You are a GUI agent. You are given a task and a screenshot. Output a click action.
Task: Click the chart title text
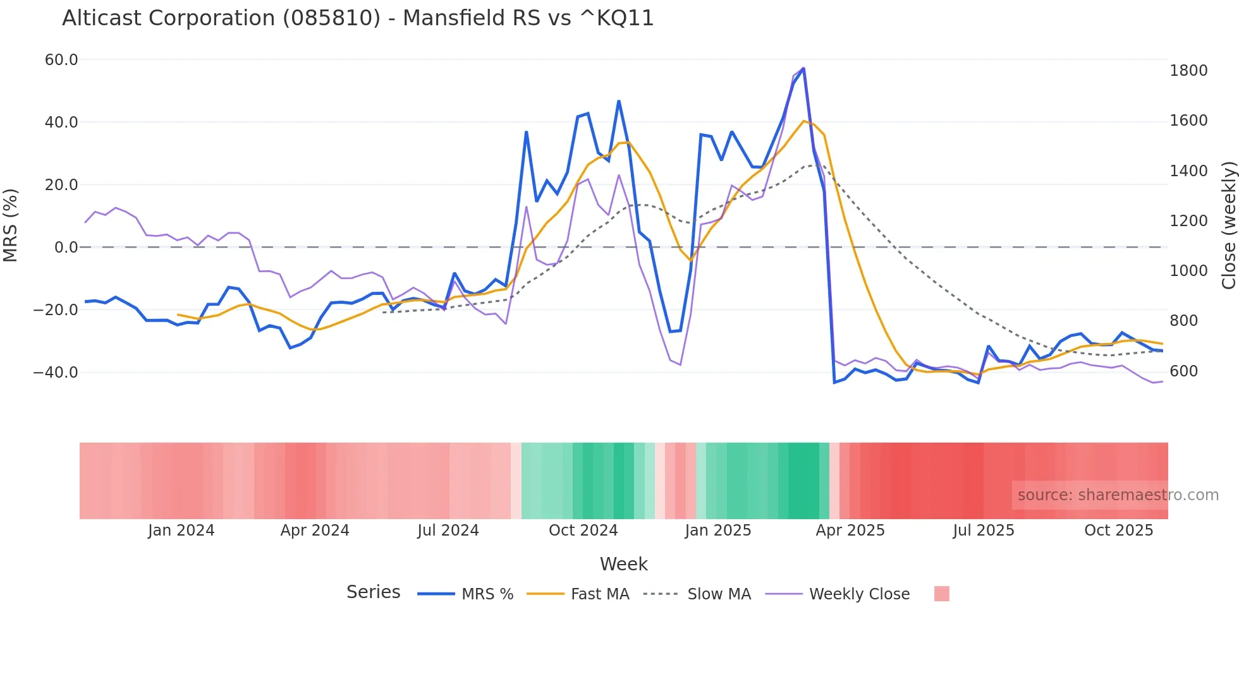coord(358,18)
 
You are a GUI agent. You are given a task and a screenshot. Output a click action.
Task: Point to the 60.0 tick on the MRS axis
coord(61,60)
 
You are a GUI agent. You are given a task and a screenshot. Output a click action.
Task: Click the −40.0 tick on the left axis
coord(56,373)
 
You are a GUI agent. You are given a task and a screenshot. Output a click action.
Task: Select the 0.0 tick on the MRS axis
coord(66,248)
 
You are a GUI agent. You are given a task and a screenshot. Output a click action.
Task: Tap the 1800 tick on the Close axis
coord(1188,71)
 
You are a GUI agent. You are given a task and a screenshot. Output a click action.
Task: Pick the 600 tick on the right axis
coord(1184,371)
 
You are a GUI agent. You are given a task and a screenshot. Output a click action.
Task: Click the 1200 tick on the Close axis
coord(1188,221)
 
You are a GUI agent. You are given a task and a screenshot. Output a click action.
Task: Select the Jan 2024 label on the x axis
coord(181,531)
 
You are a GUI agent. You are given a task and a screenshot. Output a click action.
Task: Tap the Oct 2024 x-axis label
coord(583,531)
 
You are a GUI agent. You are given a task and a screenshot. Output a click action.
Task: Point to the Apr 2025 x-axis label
coord(850,531)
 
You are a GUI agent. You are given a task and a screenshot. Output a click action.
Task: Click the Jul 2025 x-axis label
coord(984,531)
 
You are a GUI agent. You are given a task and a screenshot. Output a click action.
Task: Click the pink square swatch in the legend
coord(942,594)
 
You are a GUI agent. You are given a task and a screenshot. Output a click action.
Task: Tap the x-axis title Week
coord(623,564)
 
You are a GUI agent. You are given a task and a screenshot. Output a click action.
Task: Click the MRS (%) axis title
coord(11,225)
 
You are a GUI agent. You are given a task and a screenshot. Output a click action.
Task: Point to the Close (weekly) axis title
coord(1228,225)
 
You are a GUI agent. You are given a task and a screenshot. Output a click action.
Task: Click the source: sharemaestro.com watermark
coord(1118,495)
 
